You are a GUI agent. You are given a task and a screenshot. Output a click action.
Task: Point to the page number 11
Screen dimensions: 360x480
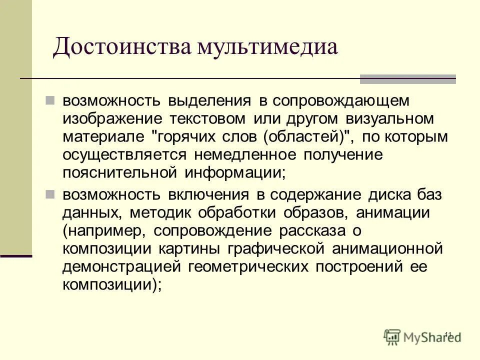click(447, 334)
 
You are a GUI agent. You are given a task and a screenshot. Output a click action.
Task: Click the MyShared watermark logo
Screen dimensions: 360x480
click(422, 336)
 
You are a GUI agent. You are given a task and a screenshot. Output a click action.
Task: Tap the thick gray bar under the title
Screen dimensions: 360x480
click(408, 79)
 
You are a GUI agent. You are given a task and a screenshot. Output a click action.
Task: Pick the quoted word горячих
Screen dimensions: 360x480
click(188, 136)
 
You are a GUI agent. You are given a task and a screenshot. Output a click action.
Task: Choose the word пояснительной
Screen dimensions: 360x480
click(120, 172)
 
